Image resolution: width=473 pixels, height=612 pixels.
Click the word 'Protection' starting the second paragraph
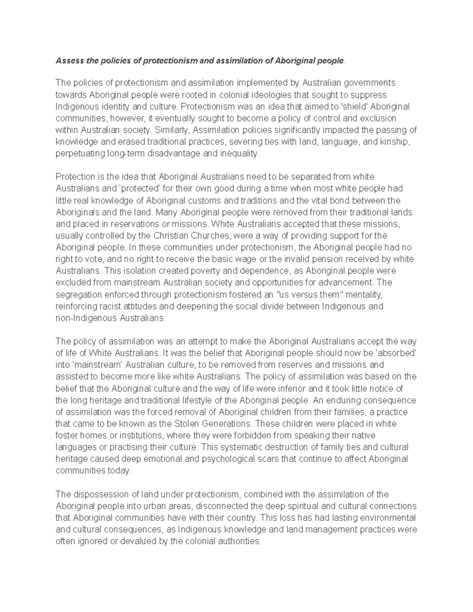coord(75,177)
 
